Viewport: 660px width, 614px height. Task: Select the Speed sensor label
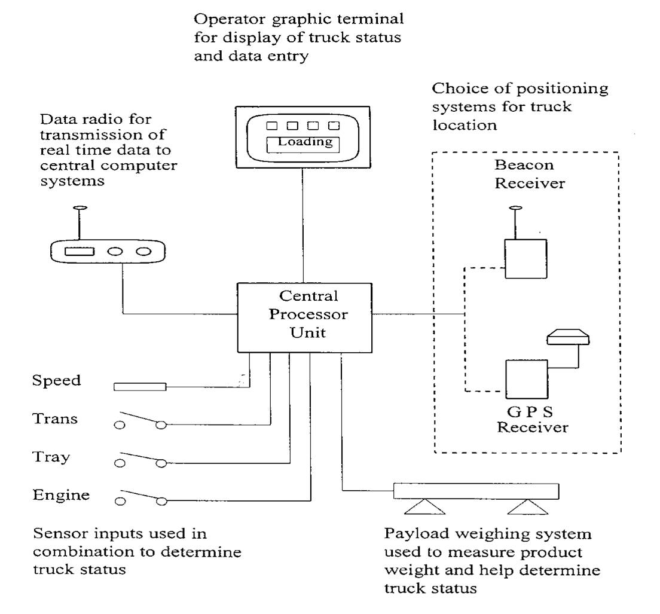[56, 380]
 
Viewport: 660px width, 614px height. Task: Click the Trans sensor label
[55, 419]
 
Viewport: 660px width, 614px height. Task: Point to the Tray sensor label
[51, 457]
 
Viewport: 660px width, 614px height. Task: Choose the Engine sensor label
[61, 495]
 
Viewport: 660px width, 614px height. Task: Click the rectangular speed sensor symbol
[140, 387]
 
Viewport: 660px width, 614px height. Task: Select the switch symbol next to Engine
[140, 496]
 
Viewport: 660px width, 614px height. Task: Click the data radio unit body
[106, 252]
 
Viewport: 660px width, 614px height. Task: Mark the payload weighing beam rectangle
[476, 491]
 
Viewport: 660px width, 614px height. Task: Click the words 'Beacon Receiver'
[528, 174]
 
